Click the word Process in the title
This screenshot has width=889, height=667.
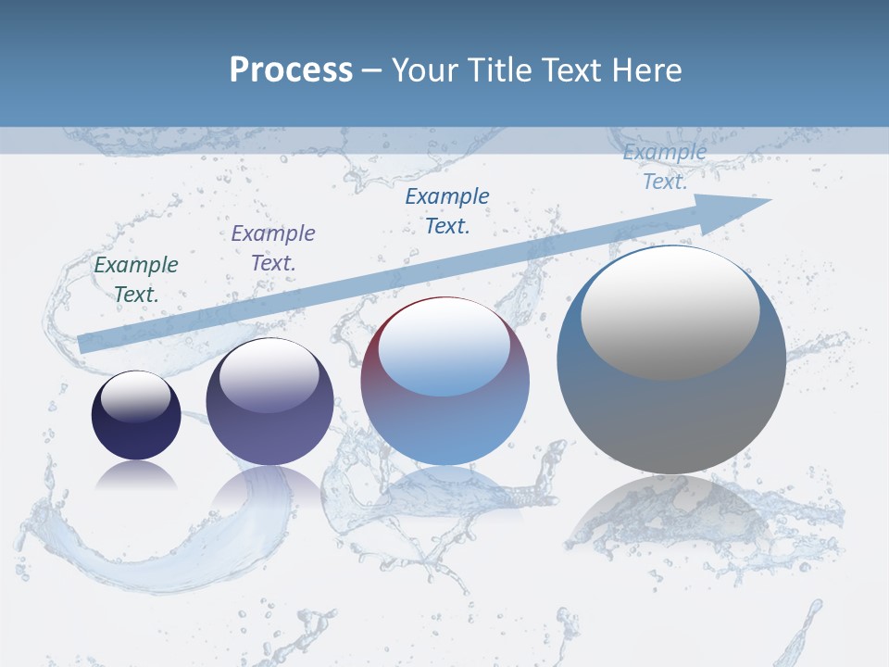tap(291, 70)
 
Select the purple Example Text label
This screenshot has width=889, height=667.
tap(273, 248)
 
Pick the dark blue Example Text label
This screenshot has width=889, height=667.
tap(447, 210)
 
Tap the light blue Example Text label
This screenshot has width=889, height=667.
tap(665, 167)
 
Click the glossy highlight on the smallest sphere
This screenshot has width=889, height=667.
tap(136, 396)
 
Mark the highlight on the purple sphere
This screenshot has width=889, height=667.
tap(269, 375)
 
